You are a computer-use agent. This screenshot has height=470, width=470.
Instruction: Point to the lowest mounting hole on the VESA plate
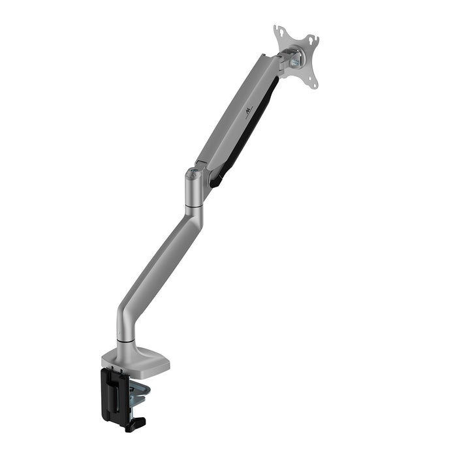(x=314, y=84)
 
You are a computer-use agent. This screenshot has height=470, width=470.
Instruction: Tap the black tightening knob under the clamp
(x=135, y=425)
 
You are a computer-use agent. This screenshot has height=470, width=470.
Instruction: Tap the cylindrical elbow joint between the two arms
(x=194, y=189)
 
